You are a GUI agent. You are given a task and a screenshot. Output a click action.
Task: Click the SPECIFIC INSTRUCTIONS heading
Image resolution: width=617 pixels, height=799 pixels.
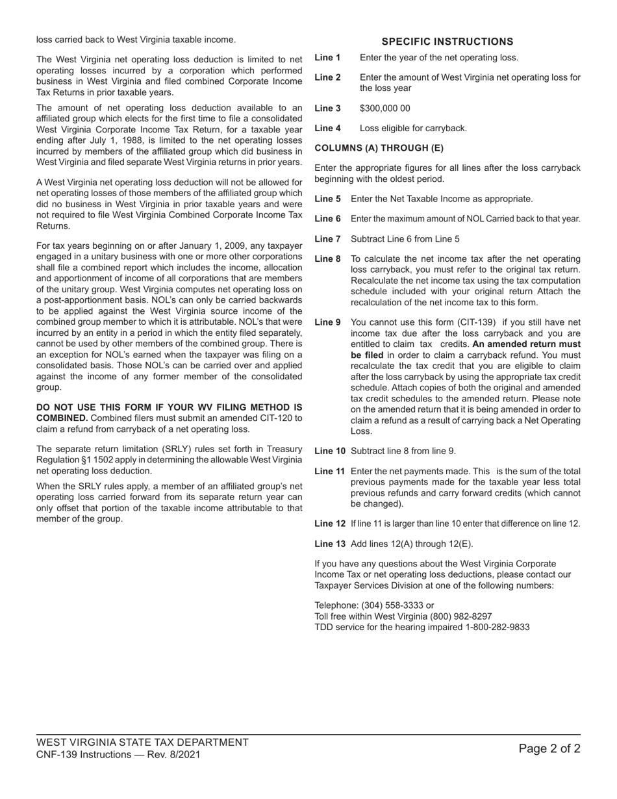(447, 42)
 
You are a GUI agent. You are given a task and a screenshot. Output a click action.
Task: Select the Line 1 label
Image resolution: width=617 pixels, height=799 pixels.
(327, 58)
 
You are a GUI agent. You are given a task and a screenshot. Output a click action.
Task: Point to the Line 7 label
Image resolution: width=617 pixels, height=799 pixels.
(327, 239)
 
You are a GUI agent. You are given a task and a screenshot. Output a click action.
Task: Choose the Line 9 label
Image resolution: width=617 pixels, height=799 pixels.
(327, 322)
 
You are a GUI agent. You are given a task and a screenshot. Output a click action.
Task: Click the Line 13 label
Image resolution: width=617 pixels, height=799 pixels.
(330, 544)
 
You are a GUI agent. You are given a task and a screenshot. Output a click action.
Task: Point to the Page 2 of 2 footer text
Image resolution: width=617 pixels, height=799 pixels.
(549, 749)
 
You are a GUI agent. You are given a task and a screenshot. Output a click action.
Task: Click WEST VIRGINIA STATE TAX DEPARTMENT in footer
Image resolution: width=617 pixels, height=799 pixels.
(142, 742)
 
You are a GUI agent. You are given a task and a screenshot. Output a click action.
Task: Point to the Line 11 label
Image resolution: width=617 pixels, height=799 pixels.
(330, 472)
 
